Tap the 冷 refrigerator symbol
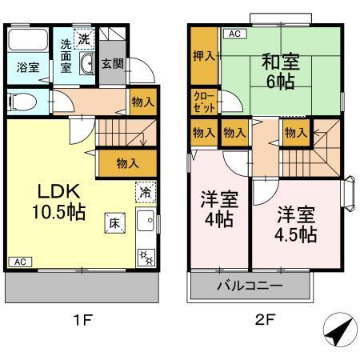[145, 192]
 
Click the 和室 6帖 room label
[278, 68]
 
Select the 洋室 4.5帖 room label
[296, 224]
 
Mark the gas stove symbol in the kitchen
[146, 256]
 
